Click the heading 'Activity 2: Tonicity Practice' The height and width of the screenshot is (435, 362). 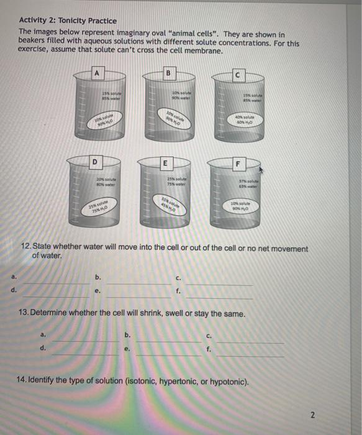coord(68,21)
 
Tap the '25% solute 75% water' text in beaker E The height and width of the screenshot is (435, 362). coord(170,181)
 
